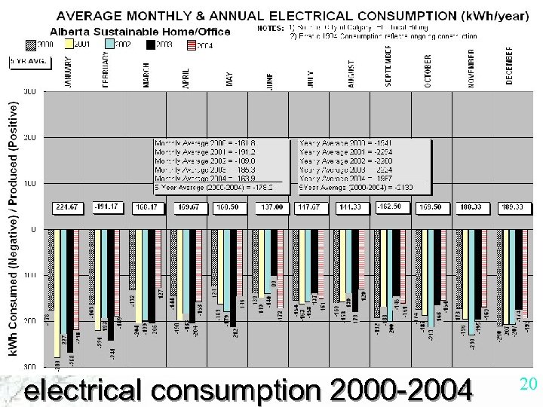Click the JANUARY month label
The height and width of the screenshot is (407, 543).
coord(68,72)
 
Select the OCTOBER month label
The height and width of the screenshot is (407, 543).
coord(428,72)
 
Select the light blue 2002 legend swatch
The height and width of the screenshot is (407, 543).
coord(109,44)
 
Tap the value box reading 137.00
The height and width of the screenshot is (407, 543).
coord(271,207)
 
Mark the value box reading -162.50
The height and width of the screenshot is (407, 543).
coord(391,207)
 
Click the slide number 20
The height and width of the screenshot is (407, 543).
coord(528,384)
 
